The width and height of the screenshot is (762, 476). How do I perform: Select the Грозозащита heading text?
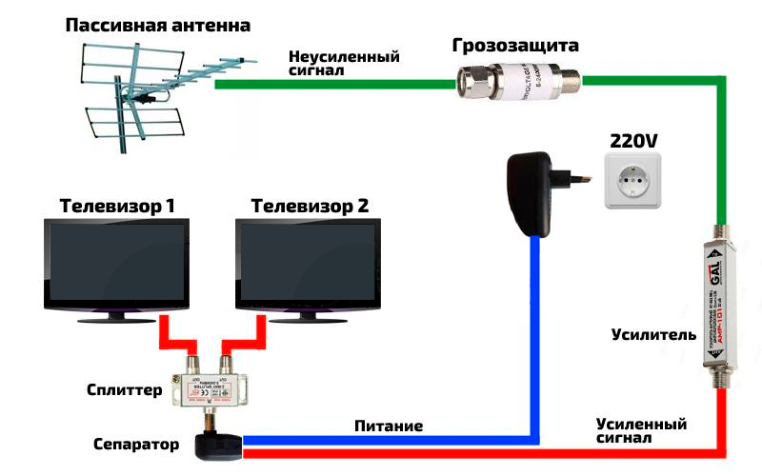515,45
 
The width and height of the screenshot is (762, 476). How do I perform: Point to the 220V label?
633,141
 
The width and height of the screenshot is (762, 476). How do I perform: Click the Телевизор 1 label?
117,205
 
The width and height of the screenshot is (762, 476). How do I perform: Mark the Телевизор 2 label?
310,205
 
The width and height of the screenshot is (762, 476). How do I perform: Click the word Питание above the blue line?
388,426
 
